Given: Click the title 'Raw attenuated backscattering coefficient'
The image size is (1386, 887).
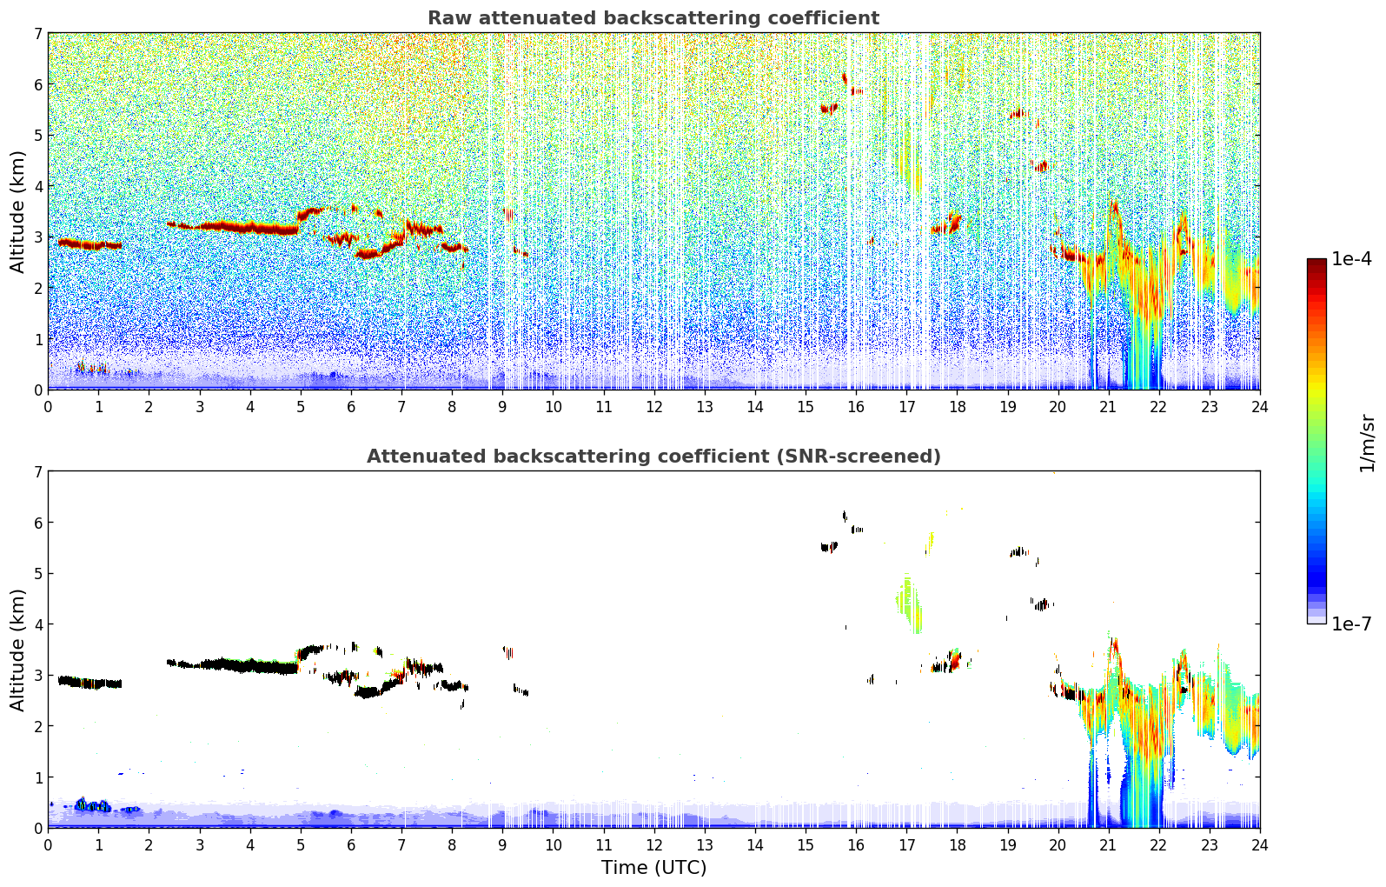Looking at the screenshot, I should pyautogui.click(x=653, y=18).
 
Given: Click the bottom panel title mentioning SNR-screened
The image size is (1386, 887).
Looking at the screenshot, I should pyautogui.click(x=653, y=457).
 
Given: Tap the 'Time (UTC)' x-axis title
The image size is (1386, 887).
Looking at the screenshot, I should pyautogui.click(x=653, y=867).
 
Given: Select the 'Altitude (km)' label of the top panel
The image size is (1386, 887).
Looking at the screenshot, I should pyautogui.click(x=17, y=211).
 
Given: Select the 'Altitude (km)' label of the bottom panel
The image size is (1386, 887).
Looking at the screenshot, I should pyautogui.click(x=17, y=650).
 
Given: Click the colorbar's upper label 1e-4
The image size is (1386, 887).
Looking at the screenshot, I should pyautogui.click(x=1351, y=259).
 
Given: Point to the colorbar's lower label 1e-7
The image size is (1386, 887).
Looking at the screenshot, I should pyautogui.click(x=1351, y=624).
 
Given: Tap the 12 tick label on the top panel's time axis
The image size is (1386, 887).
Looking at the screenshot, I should pyautogui.click(x=653, y=406).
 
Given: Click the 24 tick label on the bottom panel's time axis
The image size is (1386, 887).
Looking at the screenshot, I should pyautogui.click(x=1259, y=844).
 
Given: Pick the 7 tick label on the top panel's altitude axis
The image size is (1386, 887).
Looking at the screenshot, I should pyautogui.click(x=37, y=34).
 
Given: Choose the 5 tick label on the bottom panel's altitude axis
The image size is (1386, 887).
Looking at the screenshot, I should pyautogui.click(x=37, y=573).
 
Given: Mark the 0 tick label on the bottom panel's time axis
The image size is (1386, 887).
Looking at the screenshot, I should pyautogui.click(x=48, y=844).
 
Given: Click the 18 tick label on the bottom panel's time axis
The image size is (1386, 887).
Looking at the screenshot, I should pyautogui.click(x=957, y=844).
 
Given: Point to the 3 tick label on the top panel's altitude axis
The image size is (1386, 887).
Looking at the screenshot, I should pyautogui.click(x=37, y=237).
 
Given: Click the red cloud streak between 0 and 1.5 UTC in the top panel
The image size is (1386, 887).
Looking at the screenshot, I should pyautogui.click(x=87, y=244).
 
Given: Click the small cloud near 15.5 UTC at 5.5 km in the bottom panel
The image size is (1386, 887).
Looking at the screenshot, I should pyautogui.click(x=829, y=547).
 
